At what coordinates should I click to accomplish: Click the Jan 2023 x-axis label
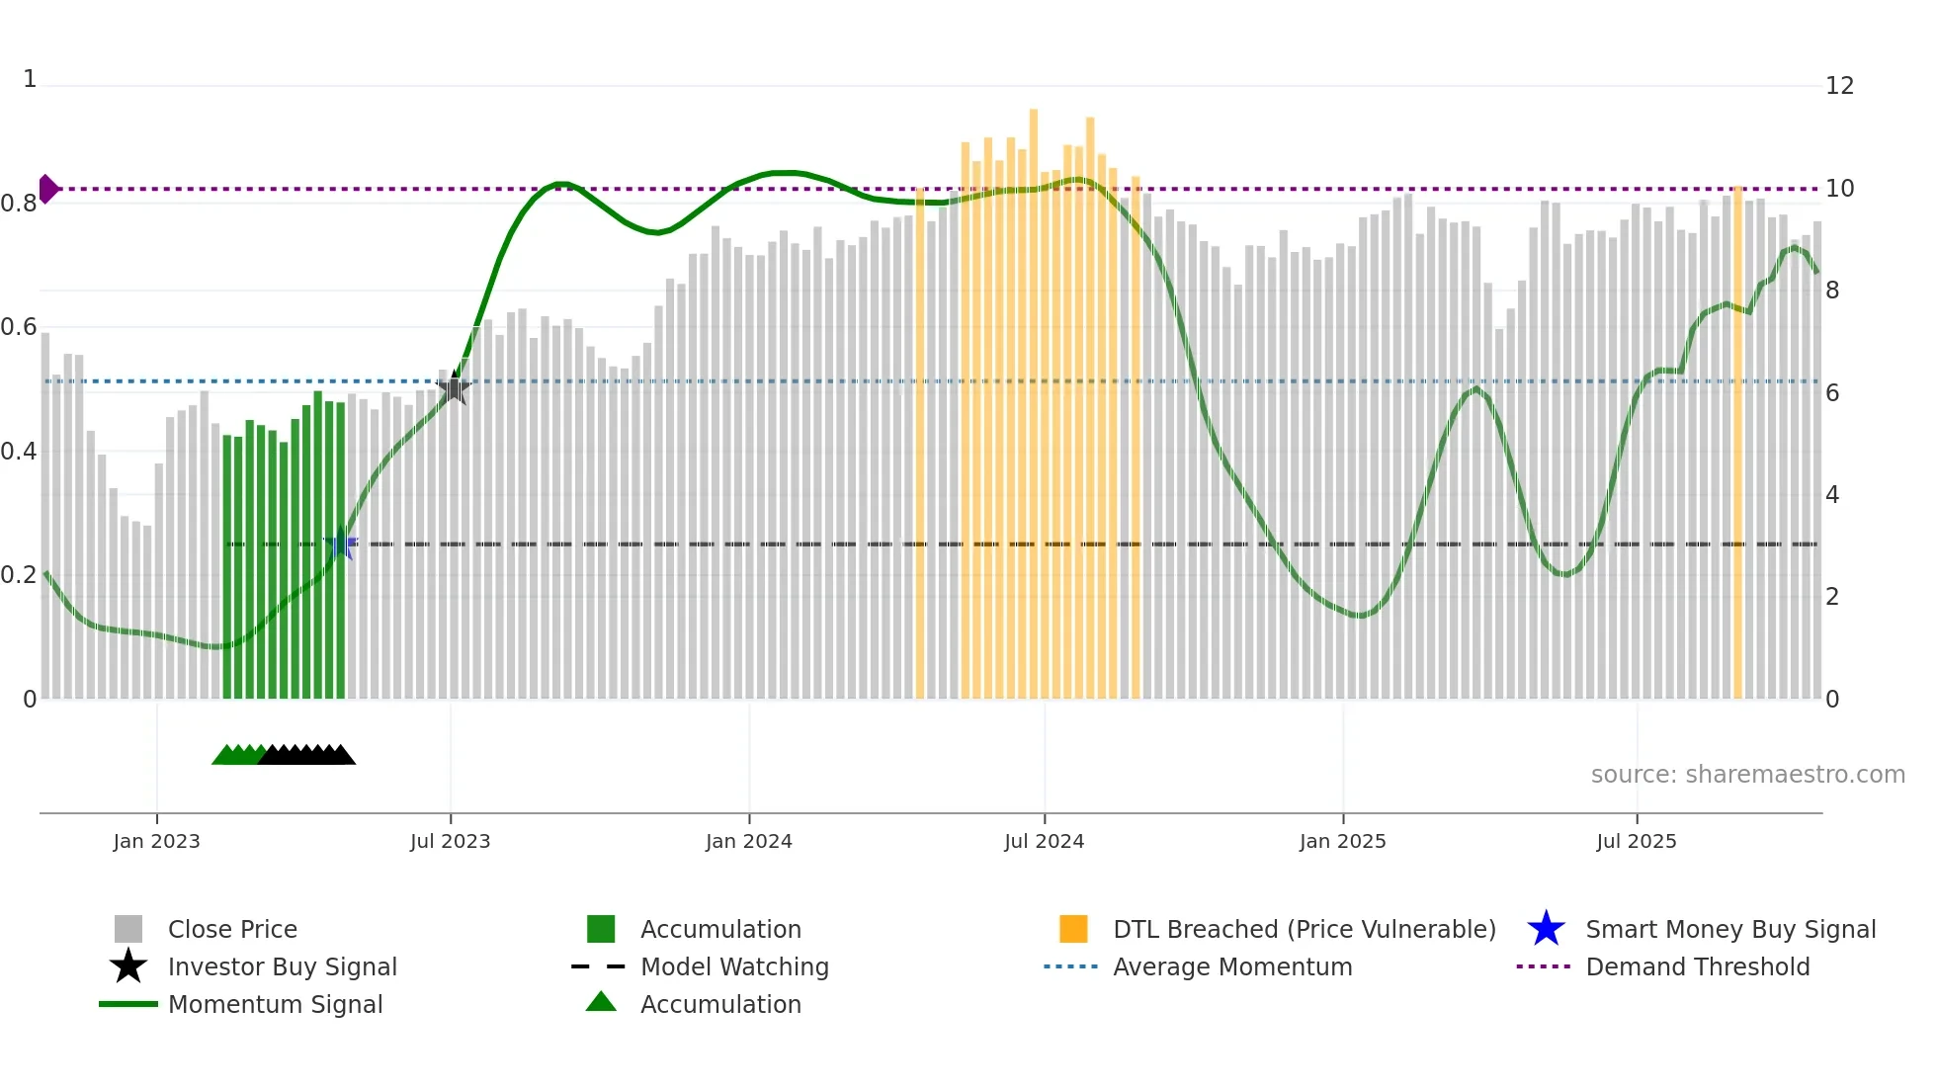click(156, 841)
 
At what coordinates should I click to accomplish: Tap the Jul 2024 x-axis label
click(1044, 841)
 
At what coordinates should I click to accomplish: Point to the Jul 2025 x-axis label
click(1636, 841)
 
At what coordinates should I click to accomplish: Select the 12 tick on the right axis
click(1838, 86)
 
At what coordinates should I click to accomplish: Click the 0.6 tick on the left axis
click(19, 327)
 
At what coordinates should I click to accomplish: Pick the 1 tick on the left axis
click(30, 79)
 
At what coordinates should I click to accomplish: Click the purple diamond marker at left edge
click(48, 188)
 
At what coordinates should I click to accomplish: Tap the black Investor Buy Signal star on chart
click(453, 388)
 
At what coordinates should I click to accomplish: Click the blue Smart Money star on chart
click(341, 544)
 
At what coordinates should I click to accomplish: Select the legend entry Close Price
click(232, 929)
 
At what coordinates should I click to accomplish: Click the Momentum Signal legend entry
click(275, 1004)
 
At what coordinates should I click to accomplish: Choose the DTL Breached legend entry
click(1304, 929)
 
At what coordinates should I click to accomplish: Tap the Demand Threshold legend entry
click(1697, 966)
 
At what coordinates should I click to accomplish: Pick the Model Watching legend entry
click(733, 966)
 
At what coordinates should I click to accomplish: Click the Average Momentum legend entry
click(1231, 966)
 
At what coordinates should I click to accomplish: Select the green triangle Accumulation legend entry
click(719, 1004)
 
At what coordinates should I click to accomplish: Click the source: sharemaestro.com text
click(1747, 774)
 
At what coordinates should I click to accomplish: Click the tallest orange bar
click(1034, 395)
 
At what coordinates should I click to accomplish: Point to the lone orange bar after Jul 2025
click(1737, 445)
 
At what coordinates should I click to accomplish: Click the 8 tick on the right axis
click(1832, 291)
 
